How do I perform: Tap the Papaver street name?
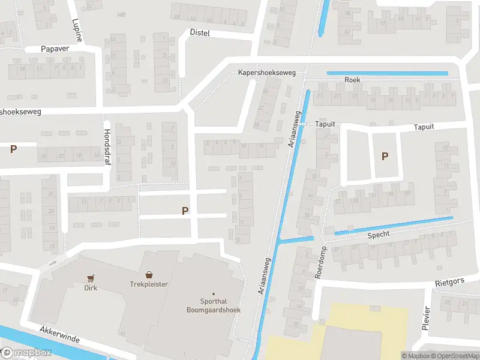click(55, 49)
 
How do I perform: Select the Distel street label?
click(200, 33)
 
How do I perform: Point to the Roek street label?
click(352, 80)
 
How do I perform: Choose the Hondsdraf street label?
click(107, 142)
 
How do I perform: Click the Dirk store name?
click(91, 288)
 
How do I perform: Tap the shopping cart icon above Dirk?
click(91, 278)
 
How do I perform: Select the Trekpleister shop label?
click(148, 284)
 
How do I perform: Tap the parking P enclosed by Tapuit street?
click(385, 156)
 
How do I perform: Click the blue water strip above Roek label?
click(387, 73)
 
